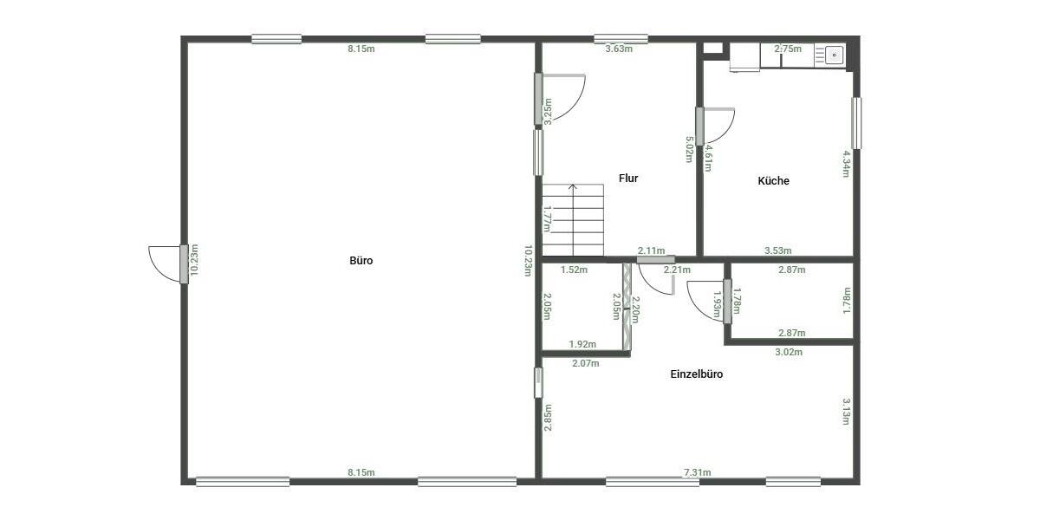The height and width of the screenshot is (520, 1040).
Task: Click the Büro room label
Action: click(361, 260)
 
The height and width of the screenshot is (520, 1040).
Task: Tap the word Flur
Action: click(628, 179)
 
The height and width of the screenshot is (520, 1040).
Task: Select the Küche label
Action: click(773, 181)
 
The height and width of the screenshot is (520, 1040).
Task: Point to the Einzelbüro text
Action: click(697, 374)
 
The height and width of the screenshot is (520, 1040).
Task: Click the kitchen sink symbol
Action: click(833, 55)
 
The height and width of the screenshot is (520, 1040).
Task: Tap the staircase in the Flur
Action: click(573, 220)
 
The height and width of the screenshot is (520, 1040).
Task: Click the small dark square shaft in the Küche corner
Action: click(712, 49)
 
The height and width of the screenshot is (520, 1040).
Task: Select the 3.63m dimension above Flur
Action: click(619, 49)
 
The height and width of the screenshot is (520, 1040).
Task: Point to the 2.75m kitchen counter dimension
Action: click(788, 49)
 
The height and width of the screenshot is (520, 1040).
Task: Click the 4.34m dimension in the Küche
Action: click(847, 164)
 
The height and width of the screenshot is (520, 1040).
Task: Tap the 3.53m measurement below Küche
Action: click(777, 251)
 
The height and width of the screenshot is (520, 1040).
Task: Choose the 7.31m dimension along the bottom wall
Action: click(697, 472)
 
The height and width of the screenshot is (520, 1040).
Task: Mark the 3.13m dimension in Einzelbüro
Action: click(847, 412)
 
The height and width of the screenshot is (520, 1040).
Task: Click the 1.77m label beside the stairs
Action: click(548, 218)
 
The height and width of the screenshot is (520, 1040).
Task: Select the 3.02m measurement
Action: click(788, 352)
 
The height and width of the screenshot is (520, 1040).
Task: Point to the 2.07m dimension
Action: click(586, 363)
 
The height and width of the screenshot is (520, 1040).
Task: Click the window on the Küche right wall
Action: click(856, 123)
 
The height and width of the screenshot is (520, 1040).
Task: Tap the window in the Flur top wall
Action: click(621, 38)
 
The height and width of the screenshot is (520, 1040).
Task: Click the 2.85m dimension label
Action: click(548, 417)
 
